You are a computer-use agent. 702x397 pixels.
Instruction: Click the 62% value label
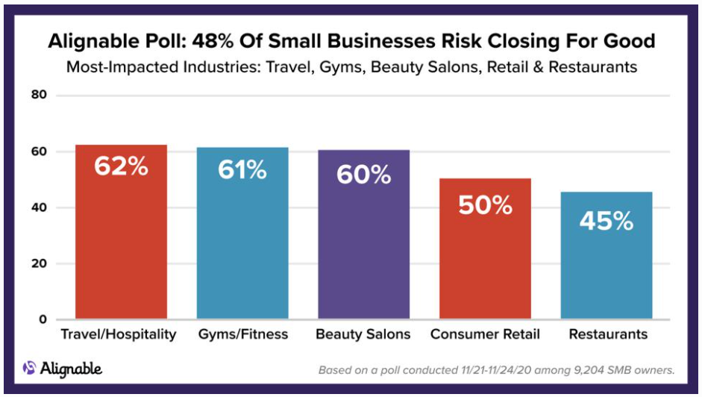[121, 166]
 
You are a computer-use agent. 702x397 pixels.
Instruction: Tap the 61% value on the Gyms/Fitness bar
[242, 169]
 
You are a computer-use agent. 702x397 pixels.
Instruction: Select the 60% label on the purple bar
[363, 175]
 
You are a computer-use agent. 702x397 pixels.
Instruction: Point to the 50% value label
[485, 204]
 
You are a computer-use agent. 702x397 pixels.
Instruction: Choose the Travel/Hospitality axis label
[119, 334]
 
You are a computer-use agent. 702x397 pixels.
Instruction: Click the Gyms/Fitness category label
[242, 334]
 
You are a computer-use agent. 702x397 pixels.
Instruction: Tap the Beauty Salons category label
[363, 334]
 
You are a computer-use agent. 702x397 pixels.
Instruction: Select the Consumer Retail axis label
[485, 334]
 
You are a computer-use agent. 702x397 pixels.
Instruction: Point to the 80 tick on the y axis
[39, 96]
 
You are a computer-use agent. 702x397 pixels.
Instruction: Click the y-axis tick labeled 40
[39, 207]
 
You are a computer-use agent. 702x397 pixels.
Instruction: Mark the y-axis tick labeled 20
[39, 263]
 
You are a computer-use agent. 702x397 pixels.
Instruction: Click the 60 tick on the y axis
[39, 151]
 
